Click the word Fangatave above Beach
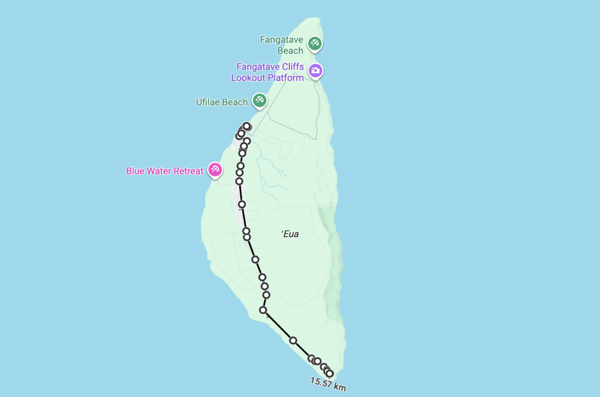(x=282, y=40)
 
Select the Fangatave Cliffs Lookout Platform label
(x=270, y=72)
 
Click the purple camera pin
(x=315, y=71)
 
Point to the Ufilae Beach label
(x=221, y=102)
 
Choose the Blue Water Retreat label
(x=165, y=171)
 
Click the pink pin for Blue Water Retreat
(x=215, y=170)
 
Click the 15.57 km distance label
(x=328, y=384)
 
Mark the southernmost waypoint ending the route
(x=329, y=374)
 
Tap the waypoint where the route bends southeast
(x=263, y=310)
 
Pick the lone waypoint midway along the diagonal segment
(x=293, y=340)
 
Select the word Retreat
(x=187, y=171)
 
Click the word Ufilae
(x=208, y=102)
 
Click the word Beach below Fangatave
(x=290, y=50)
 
